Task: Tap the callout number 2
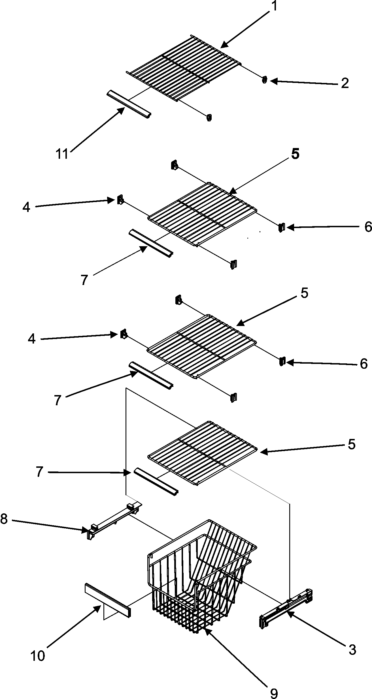pyautogui.click(x=344, y=83)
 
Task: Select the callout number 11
pyautogui.click(x=62, y=154)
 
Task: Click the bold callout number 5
pyautogui.click(x=295, y=155)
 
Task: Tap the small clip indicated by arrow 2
pyautogui.click(x=264, y=80)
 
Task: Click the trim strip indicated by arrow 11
pyautogui.click(x=129, y=103)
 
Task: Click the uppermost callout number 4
pyautogui.click(x=26, y=208)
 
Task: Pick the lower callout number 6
pyautogui.click(x=364, y=364)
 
